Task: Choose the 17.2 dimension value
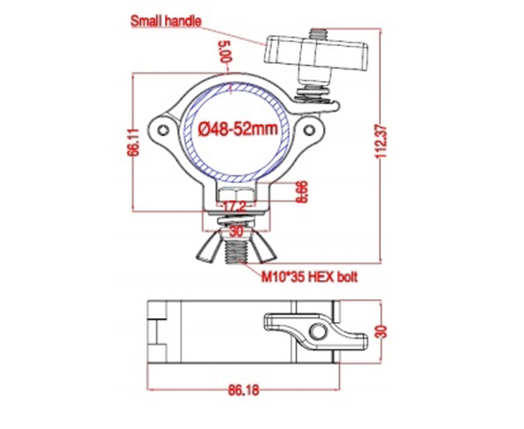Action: tap(233, 205)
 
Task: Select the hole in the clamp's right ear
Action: tap(309, 126)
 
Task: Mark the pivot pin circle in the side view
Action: tap(314, 331)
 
